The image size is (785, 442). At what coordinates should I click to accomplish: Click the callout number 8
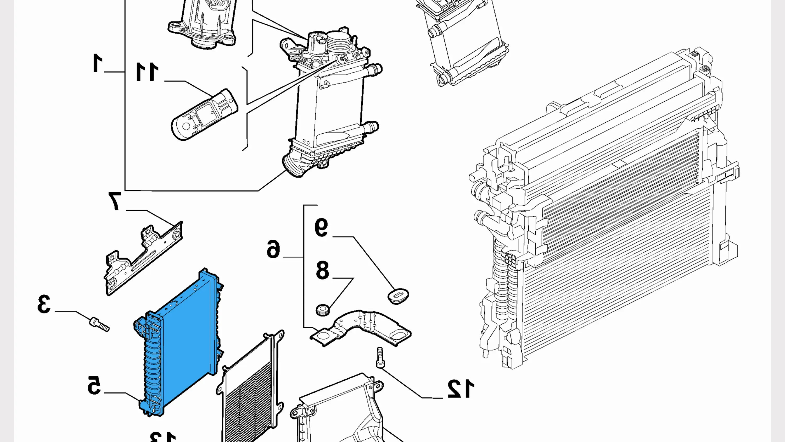point(322,270)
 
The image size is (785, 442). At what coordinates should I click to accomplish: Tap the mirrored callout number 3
point(44,304)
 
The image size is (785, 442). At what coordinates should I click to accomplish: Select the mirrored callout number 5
point(94,385)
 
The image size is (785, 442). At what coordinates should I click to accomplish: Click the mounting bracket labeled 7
point(143,259)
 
